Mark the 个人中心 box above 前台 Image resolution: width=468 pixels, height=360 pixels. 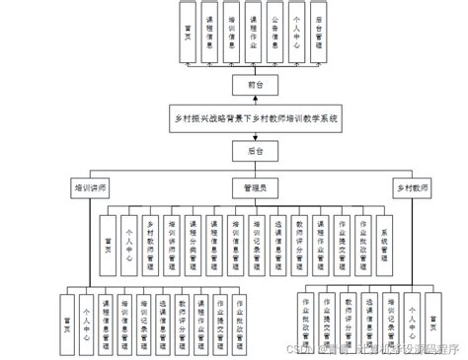click(x=295, y=33)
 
